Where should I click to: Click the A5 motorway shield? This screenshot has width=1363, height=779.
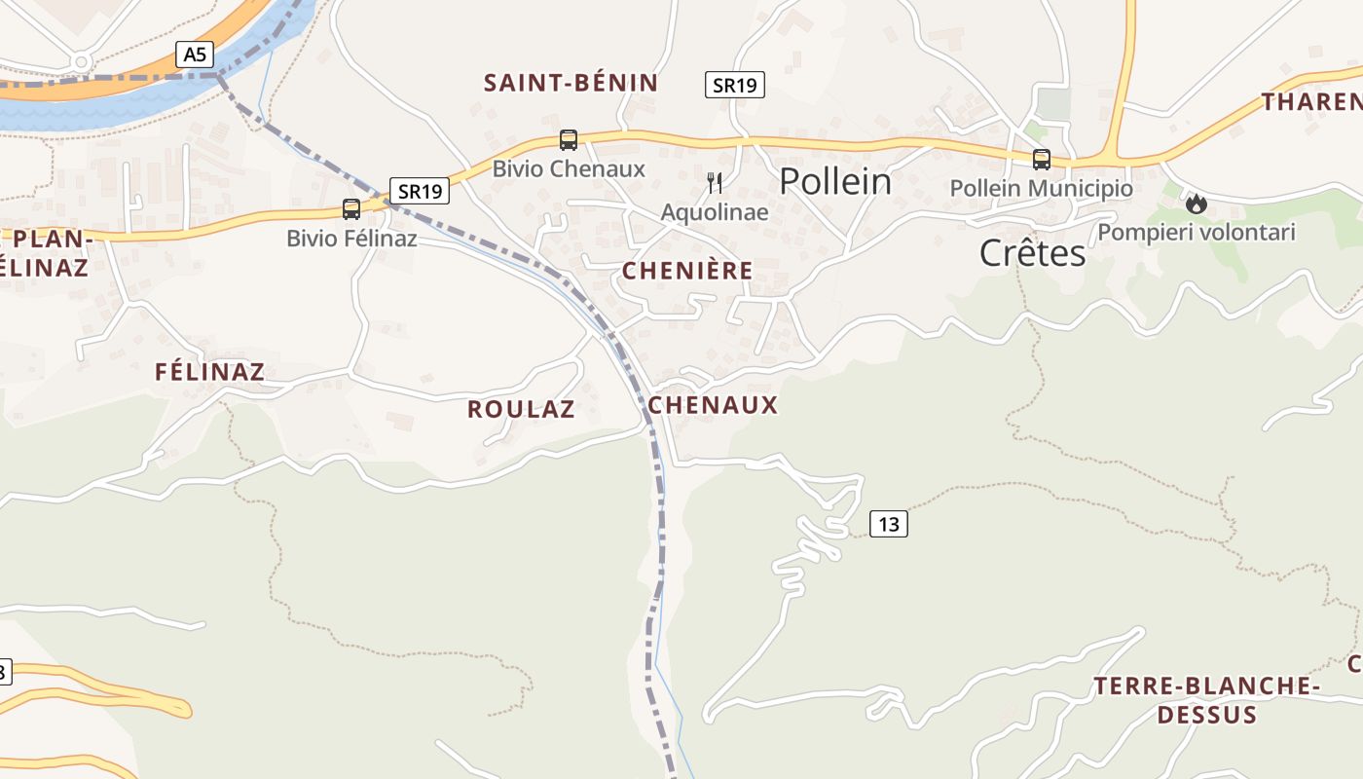195,55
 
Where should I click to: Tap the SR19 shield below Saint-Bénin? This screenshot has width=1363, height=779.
735,85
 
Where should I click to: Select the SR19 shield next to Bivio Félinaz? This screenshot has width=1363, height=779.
420,191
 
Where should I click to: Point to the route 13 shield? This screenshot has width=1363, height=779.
888,525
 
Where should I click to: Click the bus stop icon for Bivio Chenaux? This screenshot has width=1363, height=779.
569,140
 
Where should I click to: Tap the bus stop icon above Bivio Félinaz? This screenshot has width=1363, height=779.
351,209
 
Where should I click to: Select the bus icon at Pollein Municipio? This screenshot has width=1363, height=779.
1042,160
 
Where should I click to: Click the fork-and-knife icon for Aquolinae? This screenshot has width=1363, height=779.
715,182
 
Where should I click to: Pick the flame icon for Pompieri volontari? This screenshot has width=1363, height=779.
1197,204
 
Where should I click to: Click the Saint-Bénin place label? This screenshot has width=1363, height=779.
571,83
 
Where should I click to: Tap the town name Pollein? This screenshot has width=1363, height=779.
835,181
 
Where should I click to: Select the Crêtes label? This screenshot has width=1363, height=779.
1032,253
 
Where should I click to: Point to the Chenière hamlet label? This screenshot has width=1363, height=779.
687,271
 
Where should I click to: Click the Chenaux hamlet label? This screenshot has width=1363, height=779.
714,405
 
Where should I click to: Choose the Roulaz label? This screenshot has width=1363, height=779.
521,409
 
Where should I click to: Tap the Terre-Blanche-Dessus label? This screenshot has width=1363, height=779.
1206,700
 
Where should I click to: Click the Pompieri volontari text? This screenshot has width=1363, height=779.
1197,233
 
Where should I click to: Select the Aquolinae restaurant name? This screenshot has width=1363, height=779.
715,212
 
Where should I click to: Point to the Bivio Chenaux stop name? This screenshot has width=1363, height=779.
569,168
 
